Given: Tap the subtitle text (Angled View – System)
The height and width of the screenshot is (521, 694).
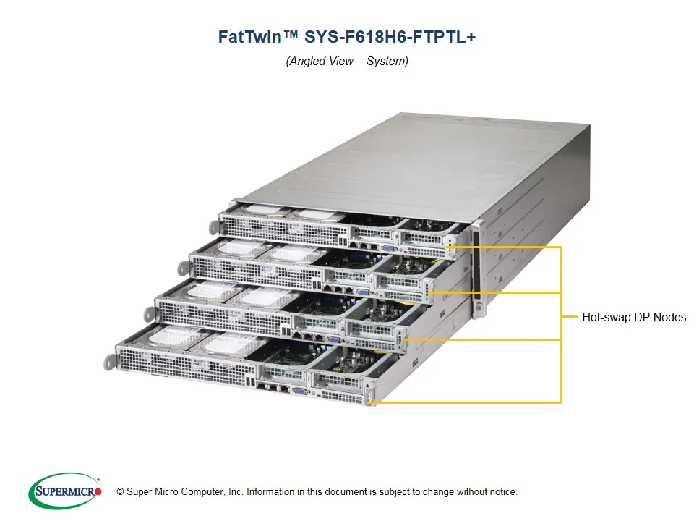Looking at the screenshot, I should pos(347,61).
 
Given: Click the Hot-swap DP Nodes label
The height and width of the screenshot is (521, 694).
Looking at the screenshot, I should pos(634,317).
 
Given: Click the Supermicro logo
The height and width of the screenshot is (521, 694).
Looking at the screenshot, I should pos(65,491).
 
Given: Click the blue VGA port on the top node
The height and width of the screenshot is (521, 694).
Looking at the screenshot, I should pos(388,246).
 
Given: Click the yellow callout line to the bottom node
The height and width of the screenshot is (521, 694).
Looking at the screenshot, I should pos(470,402).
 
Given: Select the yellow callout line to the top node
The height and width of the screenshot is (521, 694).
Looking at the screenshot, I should pos(506,247).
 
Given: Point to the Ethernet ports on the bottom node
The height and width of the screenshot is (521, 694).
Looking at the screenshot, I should pos(272,387).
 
